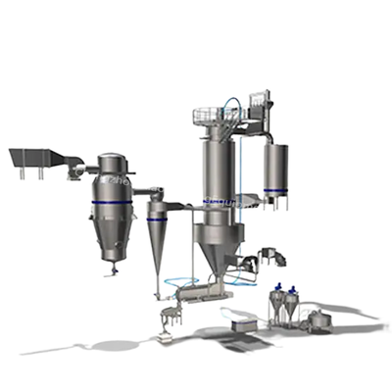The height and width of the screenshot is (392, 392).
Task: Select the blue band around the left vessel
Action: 112,202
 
